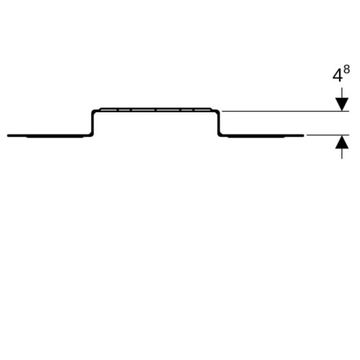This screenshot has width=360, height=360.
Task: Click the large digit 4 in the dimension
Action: pyautogui.click(x=337, y=76)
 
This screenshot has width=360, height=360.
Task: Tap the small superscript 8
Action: pyautogui.click(x=346, y=70)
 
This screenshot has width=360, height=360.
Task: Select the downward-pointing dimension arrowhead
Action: pyautogui.click(x=342, y=104)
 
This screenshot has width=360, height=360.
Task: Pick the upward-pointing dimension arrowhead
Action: pyautogui.click(x=342, y=142)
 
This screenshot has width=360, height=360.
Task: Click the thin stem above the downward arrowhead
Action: pyautogui.click(x=342, y=93)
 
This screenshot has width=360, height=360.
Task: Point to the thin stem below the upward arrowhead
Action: pyautogui.click(x=342, y=153)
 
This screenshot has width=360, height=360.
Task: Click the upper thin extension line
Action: pyautogui.click(x=285, y=112)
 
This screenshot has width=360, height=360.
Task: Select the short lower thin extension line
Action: pyautogui.click(x=328, y=135)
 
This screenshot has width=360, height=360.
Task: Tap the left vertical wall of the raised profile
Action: pyautogui.click(x=92, y=123)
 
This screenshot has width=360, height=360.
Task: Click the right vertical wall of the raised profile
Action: pyautogui.click(x=219, y=123)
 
